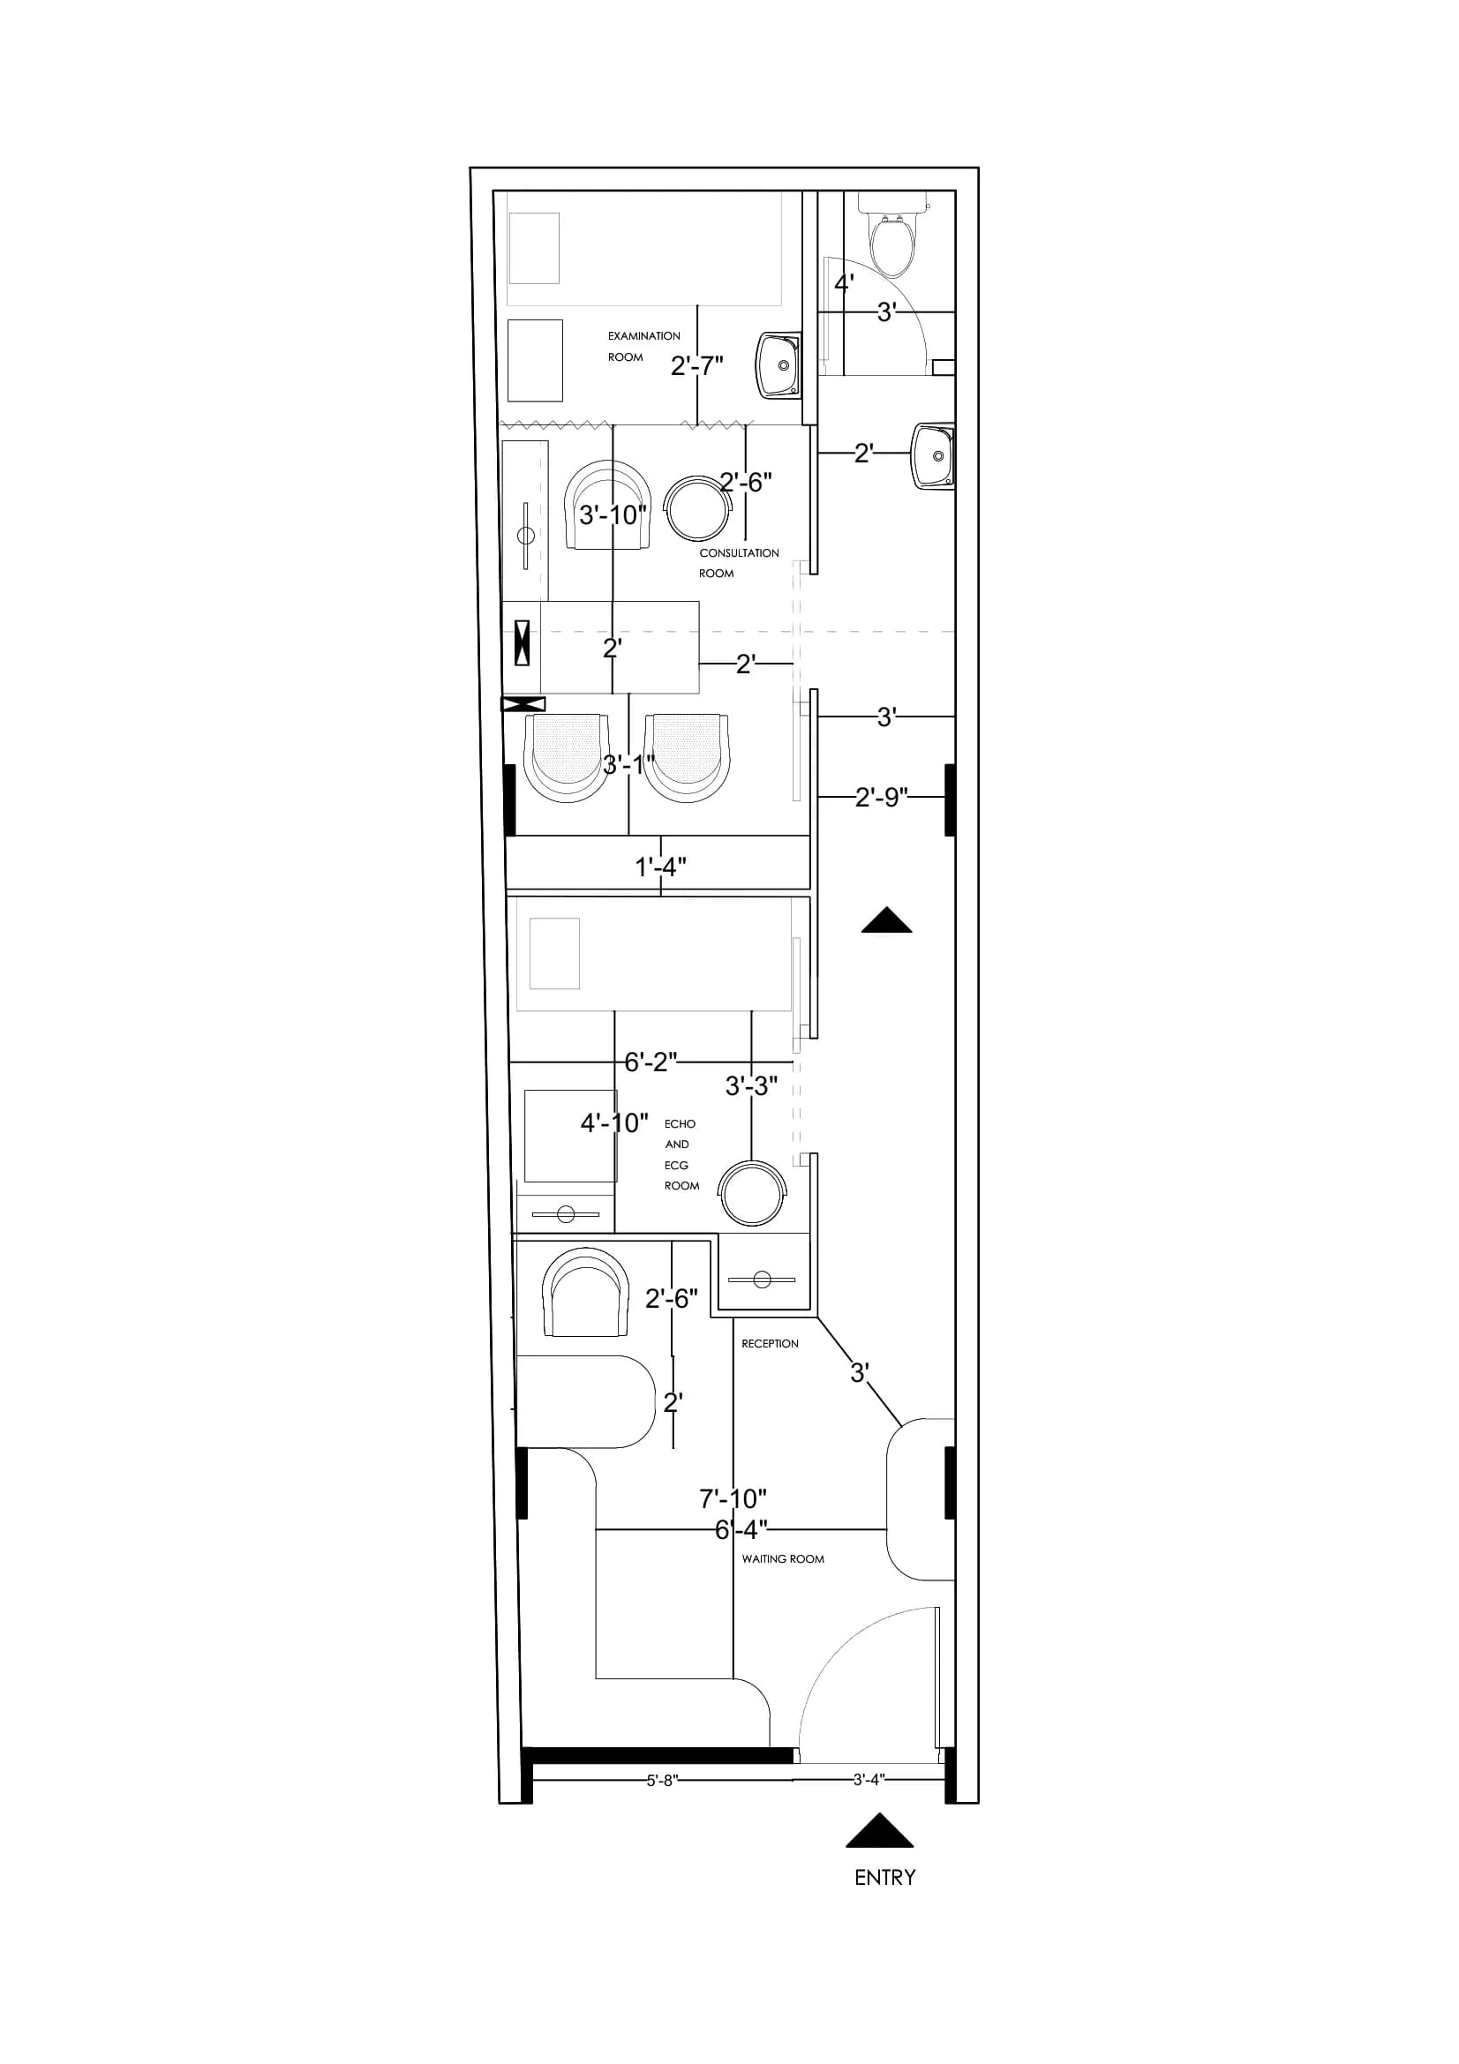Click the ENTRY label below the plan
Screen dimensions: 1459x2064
click(x=884, y=1878)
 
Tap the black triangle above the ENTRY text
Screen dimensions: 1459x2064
click(x=880, y=1830)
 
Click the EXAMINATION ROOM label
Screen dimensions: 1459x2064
click(x=643, y=346)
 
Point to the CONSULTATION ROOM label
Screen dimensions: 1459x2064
click(x=739, y=563)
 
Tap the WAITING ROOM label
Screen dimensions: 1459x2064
click(x=783, y=1558)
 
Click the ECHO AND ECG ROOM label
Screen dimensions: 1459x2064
click(x=681, y=1154)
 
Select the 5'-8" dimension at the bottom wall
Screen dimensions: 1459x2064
click(x=662, y=1781)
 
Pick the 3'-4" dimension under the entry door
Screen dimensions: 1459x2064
click(x=869, y=1779)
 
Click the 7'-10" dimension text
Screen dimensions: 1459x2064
click(x=733, y=1498)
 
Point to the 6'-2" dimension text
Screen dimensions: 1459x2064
click(x=651, y=1062)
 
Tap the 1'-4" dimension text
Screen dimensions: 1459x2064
click(x=661, y=867)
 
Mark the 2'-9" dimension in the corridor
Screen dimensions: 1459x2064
click(x=881, y=798)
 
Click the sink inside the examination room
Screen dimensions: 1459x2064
click(x=778, y=366)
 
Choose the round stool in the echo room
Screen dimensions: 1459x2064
click(x=752, y=1193)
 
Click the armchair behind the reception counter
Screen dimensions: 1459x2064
click(x=585, y=1292)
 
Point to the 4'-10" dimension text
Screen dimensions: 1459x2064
click(x=614, y=1122)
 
